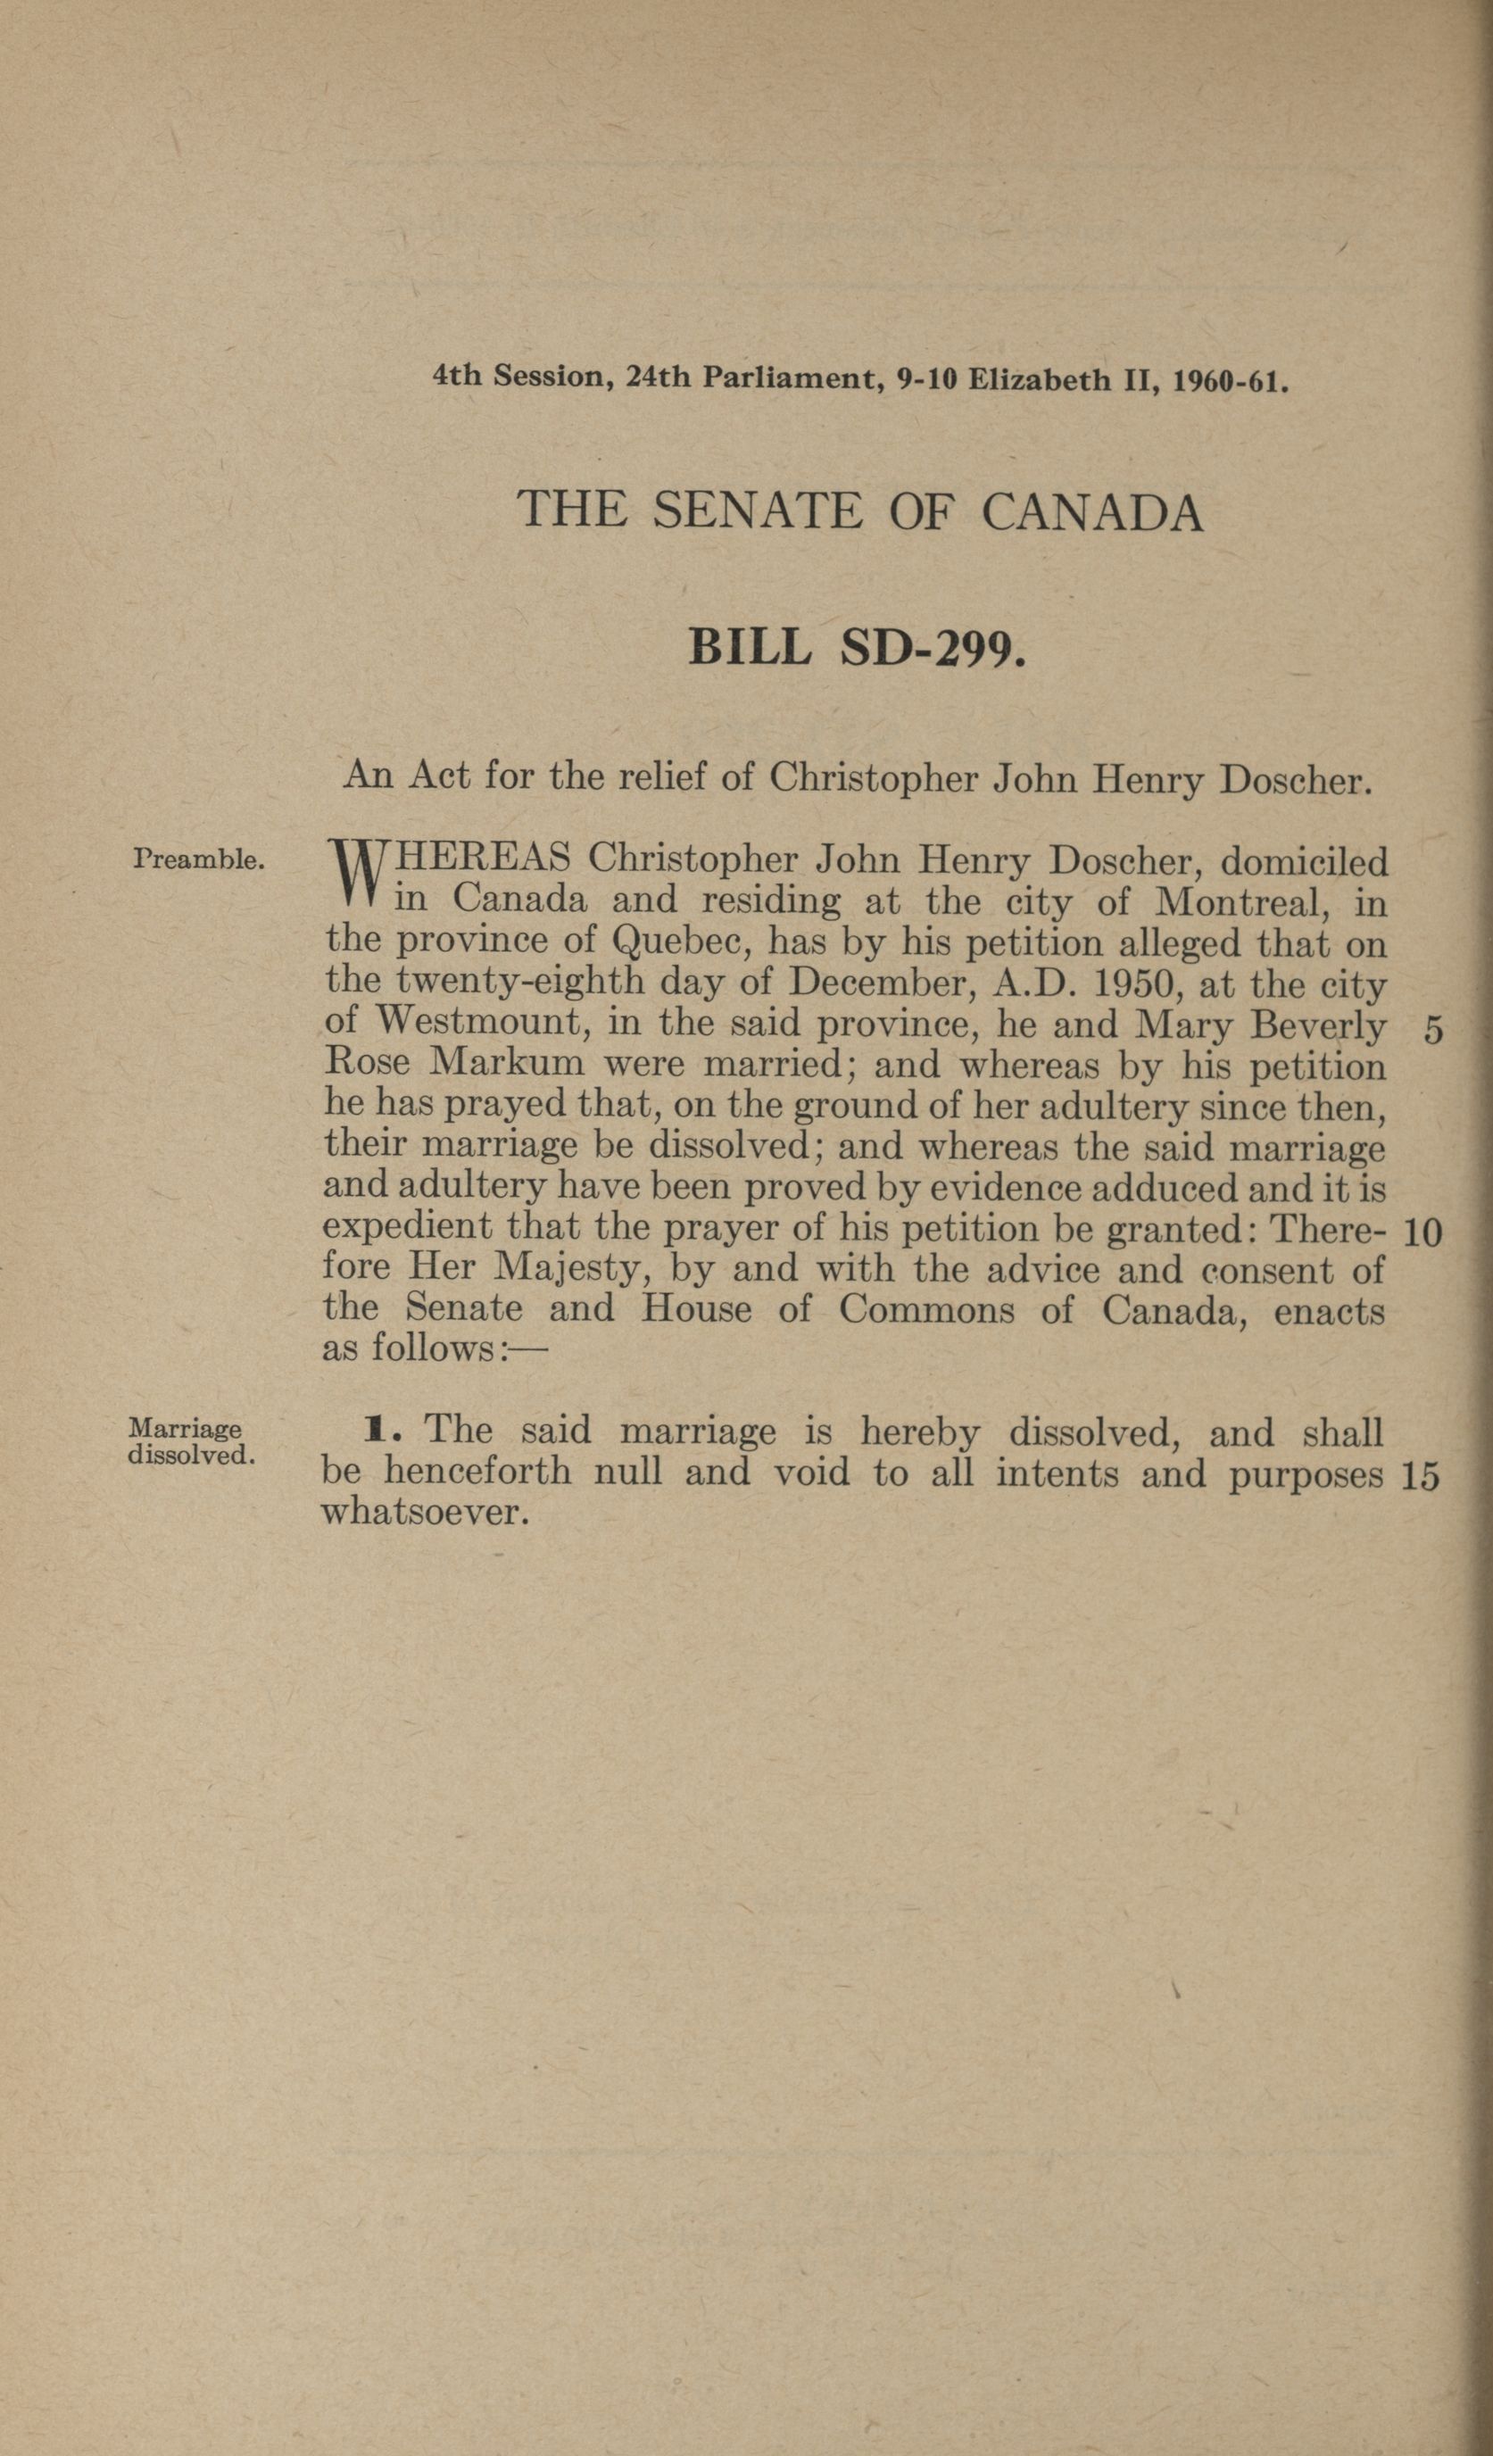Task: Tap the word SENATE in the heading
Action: (x=758, y=510)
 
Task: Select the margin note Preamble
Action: (x=198, y=859)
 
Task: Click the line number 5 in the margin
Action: (x=1432, y=1031)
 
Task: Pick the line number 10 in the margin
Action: (x=1422, y=1234)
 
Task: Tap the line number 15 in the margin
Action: (x=1419, y=1477)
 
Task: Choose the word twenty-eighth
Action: (x=520, y=984)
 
